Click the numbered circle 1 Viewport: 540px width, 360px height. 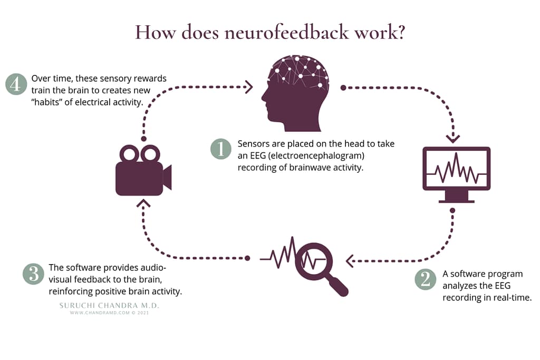[221, 149]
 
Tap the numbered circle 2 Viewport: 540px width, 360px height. [426, 279]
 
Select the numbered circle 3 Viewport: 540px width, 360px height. [33, 274]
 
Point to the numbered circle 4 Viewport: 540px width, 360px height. [16, 84]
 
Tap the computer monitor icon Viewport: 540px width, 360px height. [456, 174]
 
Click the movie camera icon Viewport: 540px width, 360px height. [143, 170]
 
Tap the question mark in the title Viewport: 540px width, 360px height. [400, 32]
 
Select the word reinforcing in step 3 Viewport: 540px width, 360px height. [71, 291]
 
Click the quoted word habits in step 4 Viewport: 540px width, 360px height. [47, 102]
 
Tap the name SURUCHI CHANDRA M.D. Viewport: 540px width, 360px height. [109, 305]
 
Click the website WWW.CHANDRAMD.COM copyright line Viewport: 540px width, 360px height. [109, 313]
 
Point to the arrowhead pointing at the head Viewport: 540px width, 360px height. [249, 87]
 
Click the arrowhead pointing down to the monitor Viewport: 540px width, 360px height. [453, 139]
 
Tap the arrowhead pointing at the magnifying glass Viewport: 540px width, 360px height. [350, 261]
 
